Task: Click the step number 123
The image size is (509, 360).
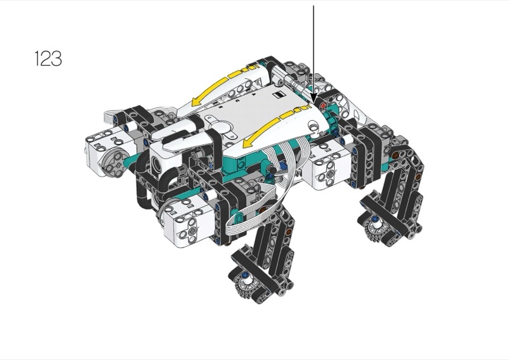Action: [x=48, y=59]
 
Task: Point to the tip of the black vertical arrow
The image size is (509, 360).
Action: [x=313, y=103]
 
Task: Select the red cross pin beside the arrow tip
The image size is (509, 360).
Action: [x=323, y=106]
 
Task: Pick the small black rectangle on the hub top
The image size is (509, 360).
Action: [x=279, y=95]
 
